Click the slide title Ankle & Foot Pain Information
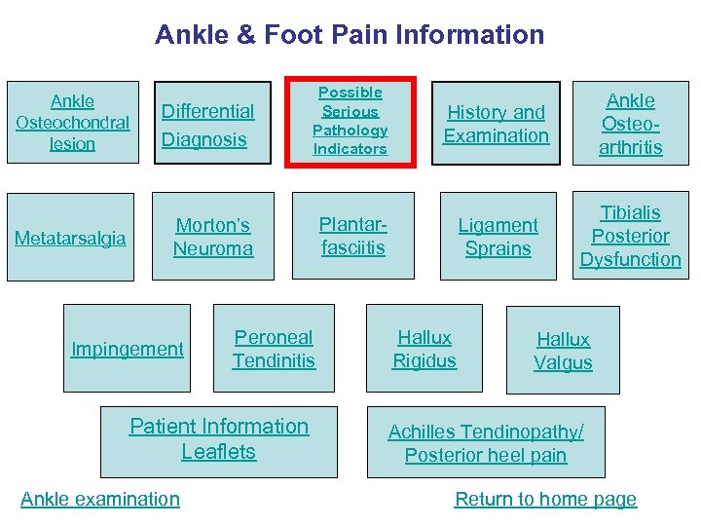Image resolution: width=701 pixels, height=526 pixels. (350, 35)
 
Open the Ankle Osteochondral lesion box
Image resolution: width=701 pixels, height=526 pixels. (73, 123)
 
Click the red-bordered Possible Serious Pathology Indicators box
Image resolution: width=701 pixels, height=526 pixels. (350, 121)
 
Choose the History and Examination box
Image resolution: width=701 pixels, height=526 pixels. (497, 125)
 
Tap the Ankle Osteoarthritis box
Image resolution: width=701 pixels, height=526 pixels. (631, 124)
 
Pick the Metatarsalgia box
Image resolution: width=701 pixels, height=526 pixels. (71, 239)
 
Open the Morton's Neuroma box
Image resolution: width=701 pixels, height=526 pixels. (213, 237)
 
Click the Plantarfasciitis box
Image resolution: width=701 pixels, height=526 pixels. (352, 236)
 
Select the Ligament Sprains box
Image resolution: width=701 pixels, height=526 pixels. (498, 237)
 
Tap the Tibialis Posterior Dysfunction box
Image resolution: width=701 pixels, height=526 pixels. (631, 237)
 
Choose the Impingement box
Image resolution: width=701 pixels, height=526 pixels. (128, 349)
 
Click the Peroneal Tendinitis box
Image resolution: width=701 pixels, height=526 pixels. (274, 349)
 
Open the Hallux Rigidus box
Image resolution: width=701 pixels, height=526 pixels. (424, 349)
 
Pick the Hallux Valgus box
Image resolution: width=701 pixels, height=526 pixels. (563, 351)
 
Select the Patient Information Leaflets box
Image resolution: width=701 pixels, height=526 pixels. (219, 439)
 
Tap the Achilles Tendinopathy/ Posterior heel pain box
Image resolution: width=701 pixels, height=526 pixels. (486, 443)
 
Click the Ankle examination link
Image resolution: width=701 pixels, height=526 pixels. (100, 499)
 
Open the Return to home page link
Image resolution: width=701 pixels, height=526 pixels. (545, 499)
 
